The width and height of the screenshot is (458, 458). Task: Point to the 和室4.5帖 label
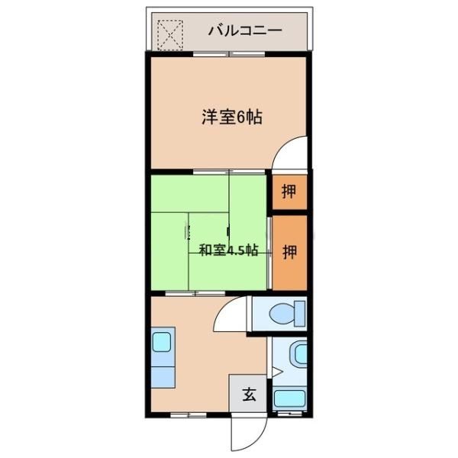pyautogui.click(x=228, y=250)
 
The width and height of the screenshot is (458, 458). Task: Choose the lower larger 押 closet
pyautogui.click(x=289, y=251)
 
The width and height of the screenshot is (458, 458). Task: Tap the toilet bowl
pyautogui.click(x=285, y=313)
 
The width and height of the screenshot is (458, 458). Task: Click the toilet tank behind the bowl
pyautogui.click(x=300, y=313)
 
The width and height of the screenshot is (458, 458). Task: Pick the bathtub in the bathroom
pyautogui.click(x=289, y=398)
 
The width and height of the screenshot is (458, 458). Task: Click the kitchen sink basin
pyautogui.click(x=163, y=340)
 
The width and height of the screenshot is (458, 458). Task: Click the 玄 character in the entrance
pyautogui.click(x=249, y=395)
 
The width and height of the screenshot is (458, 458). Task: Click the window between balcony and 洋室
pyautogui.click(x=228, y=54)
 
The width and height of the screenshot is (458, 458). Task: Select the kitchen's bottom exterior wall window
pyautogui.click(x=181, y=413)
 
